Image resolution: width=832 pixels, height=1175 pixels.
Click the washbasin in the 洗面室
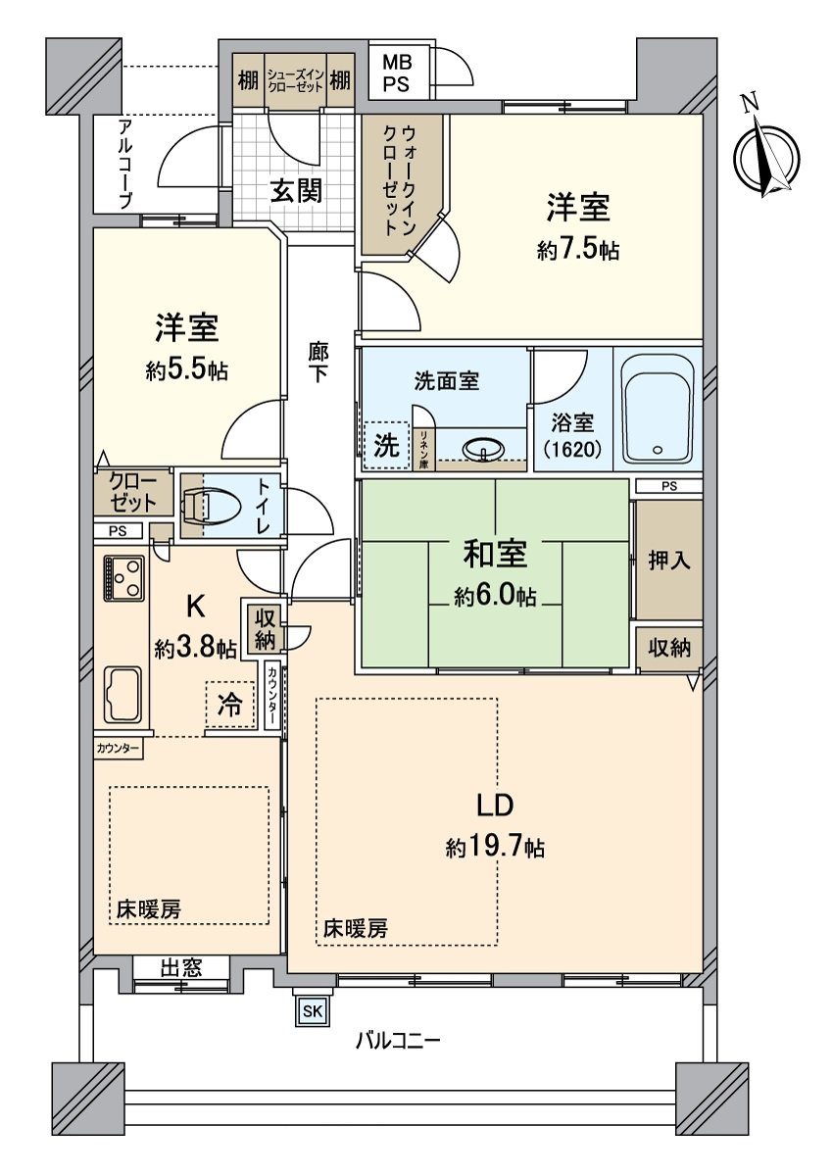[x=484, y=450]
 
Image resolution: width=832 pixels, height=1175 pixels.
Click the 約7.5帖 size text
[x=577, y=250]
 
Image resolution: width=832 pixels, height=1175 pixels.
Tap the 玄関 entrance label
[x=297, y=192]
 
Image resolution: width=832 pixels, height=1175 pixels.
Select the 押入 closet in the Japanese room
[x=668, y=560]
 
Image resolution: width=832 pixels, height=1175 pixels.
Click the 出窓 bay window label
[x=181, y=968]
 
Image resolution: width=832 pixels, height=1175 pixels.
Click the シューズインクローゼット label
[x=295, y=79]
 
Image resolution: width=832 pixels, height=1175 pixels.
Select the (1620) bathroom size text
[x=572, y=450]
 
